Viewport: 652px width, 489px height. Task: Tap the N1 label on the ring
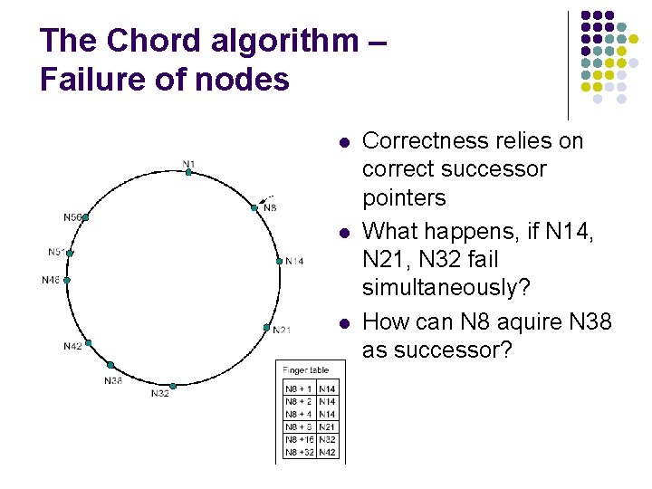188,164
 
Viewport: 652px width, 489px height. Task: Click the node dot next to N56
86,217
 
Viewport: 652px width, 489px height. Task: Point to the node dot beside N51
70,254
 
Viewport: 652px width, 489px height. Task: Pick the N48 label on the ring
52,280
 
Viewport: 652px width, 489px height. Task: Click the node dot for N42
88,342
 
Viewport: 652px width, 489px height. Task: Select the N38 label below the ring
112,380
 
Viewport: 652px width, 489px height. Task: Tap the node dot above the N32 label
172,386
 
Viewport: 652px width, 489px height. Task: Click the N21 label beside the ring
282,330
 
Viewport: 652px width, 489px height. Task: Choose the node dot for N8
254,207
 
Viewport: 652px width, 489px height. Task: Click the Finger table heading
305,370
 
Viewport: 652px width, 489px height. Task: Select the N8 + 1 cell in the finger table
299,388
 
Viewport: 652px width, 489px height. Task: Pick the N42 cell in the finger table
327,451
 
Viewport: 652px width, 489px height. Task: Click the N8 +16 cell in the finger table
299,439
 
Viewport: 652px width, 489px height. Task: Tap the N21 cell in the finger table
327,427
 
